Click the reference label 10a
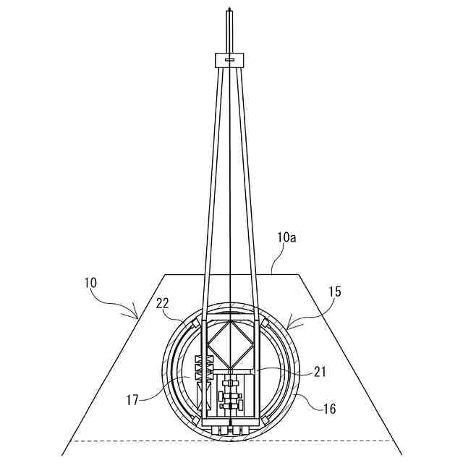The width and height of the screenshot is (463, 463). (286, 237)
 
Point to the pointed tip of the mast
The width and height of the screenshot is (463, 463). (229, 9)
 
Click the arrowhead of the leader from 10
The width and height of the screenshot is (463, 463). (137, 316)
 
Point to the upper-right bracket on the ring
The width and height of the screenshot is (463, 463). (266, 322)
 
